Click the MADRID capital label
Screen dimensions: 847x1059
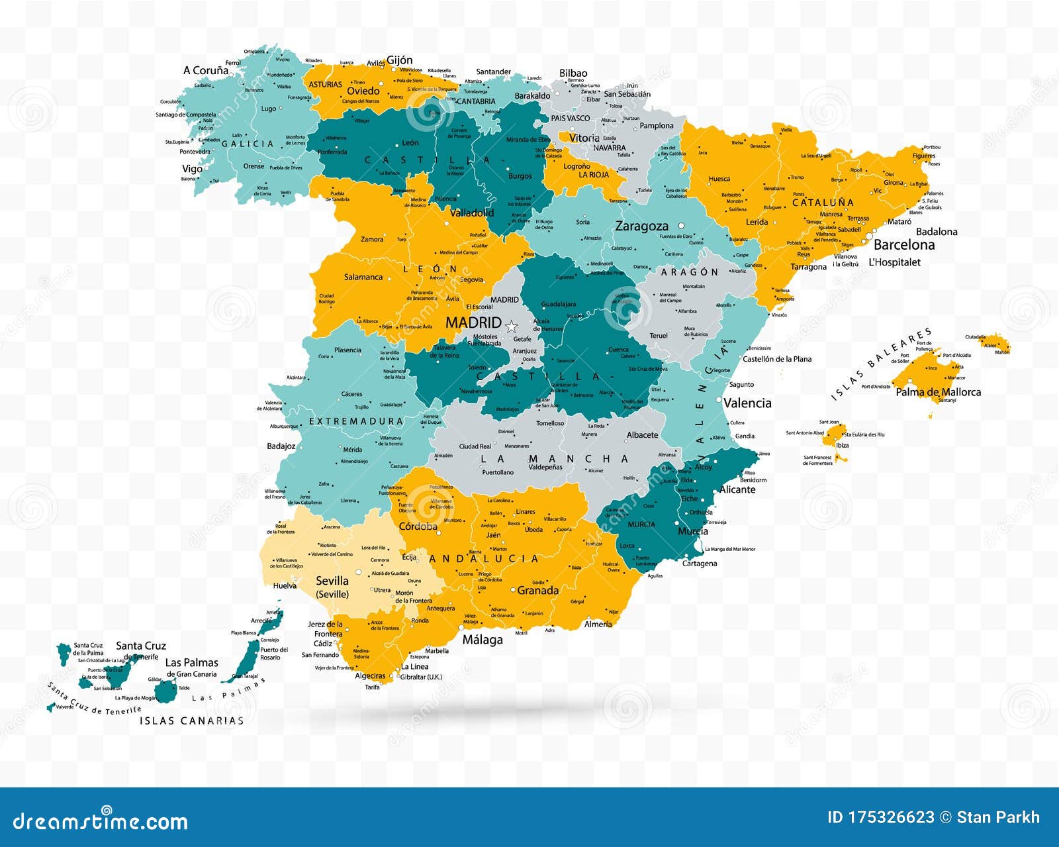point(473,323)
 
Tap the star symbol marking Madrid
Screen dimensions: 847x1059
point(511,326)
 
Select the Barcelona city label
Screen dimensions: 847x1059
point(904,244)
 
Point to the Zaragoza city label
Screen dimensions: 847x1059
point(641,226)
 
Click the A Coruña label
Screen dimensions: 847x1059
point(206,70)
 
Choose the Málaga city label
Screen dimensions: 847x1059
point(483,640)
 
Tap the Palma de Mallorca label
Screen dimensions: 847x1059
point(938,392)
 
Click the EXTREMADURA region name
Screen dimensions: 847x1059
point(356,421)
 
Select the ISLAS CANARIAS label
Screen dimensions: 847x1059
point(191,721)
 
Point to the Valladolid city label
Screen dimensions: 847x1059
point(472,213)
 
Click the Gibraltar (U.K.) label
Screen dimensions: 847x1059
point(421,677)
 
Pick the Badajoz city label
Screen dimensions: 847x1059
point(281,446)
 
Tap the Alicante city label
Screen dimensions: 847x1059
point(737,489)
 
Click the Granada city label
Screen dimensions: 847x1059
point(537,590)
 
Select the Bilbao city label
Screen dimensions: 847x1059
point(573,73)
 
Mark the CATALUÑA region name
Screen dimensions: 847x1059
point(823,202)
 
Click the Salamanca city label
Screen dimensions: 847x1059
point(363,277)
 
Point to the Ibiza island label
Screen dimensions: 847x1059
point(842,445)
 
